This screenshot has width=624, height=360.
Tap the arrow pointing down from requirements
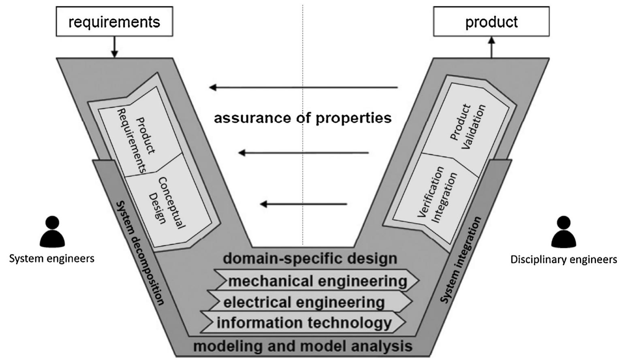click(x=114, y=47)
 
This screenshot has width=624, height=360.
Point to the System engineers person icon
click(x=52, y=232)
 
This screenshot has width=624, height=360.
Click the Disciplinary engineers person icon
click(x=564, y=232)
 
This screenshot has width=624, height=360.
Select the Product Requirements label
click(x=136, y=140)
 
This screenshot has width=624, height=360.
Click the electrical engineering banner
click(x=304, y=302)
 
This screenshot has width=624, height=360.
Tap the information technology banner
click(x=304, y=323)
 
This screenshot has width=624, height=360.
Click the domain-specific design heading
click(x=310, y=258)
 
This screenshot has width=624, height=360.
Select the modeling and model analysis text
click(x=303, y=347)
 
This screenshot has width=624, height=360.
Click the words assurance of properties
click(x=303, y=118)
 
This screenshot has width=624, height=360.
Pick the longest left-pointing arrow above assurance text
click(x=304, y=87)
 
